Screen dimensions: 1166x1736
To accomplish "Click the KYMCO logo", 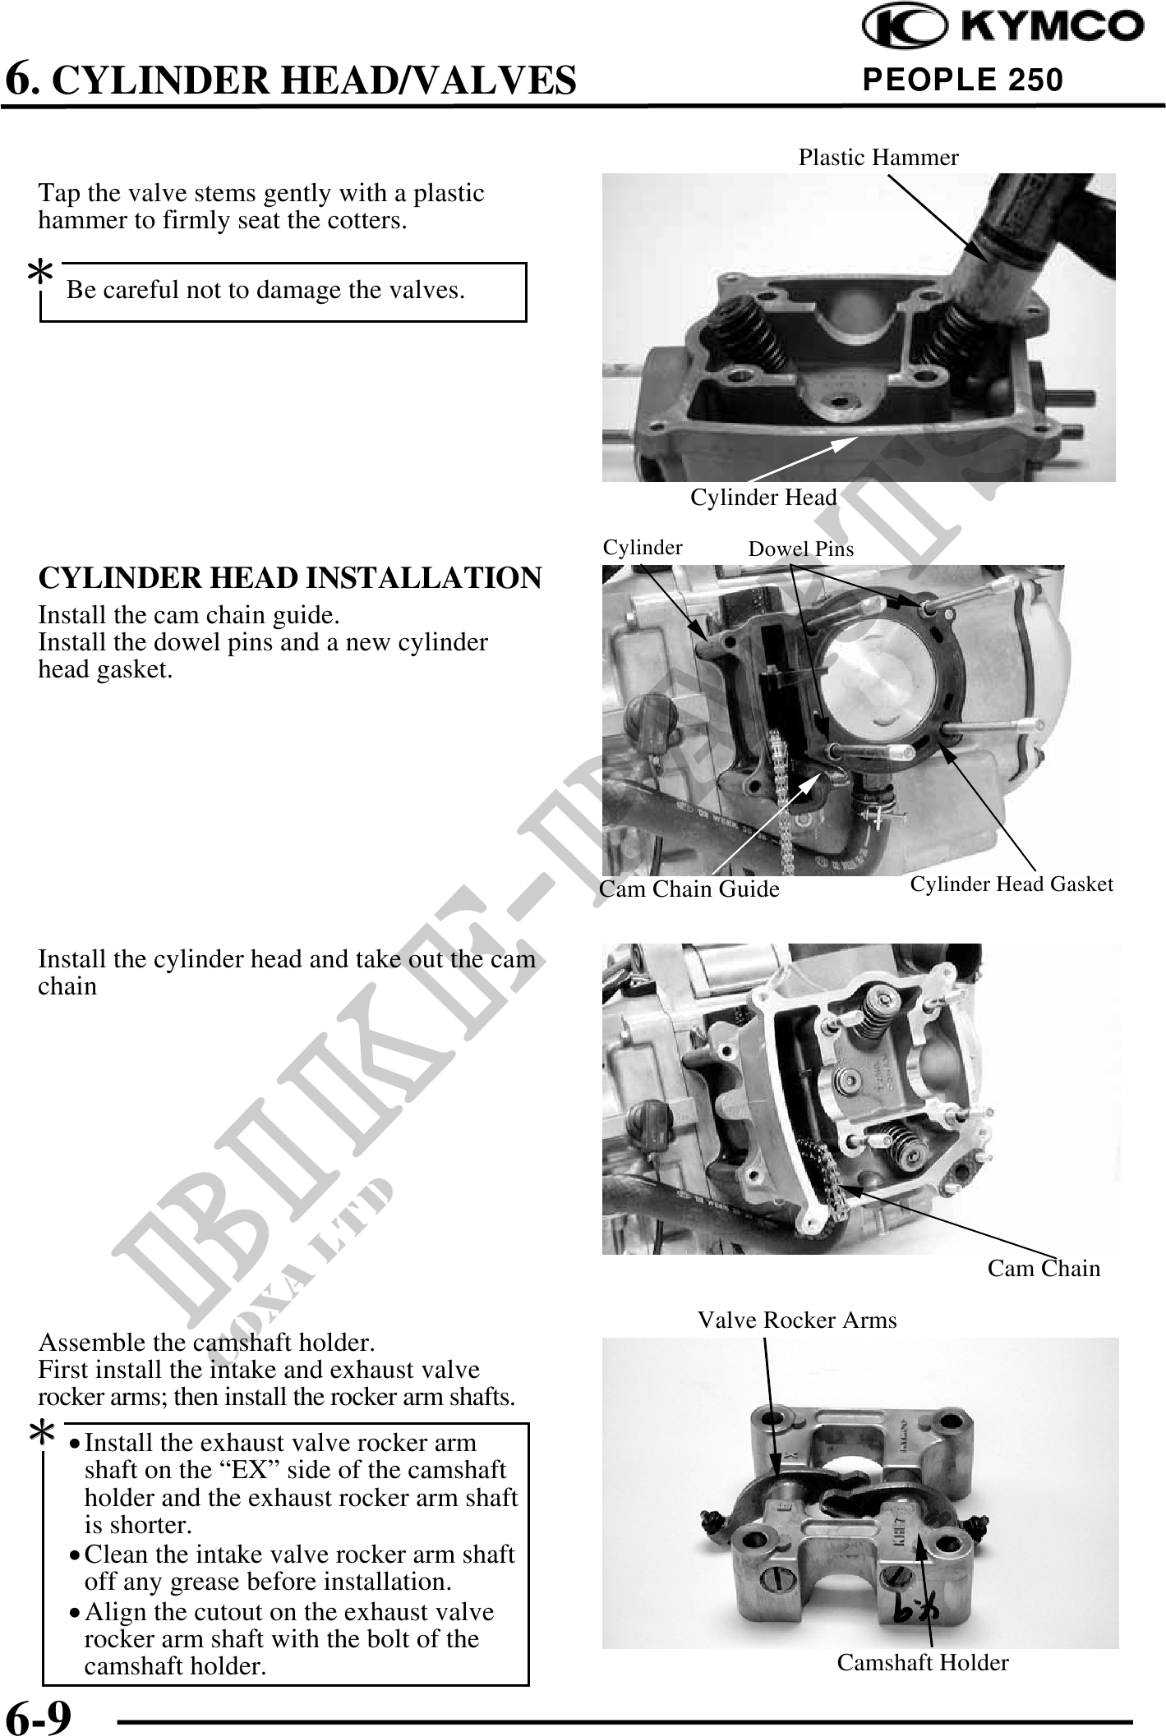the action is (1002, 28).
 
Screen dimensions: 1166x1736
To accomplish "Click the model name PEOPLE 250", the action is (962, 80).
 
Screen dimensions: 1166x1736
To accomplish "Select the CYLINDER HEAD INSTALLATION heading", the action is (290, 577).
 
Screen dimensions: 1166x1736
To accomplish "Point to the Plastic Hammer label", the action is (878, 157).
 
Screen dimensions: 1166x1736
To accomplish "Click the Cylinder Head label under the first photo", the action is (763, 497).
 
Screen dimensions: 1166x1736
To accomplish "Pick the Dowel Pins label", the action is (800, 549).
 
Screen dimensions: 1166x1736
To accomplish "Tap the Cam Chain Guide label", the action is (689, 889).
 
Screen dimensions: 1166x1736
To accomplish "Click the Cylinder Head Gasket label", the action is (1012, 884).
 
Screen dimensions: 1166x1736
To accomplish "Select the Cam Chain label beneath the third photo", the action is (1044, 1268).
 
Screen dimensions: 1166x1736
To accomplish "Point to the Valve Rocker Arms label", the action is (797, 1320).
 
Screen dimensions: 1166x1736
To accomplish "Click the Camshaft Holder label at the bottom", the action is (923, 1662).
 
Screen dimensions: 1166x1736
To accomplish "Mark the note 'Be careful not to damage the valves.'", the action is (265, 290).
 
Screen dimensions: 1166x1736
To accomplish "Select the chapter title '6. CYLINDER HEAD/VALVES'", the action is (291, 80).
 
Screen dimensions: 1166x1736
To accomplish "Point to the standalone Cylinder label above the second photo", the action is (643, 547).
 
